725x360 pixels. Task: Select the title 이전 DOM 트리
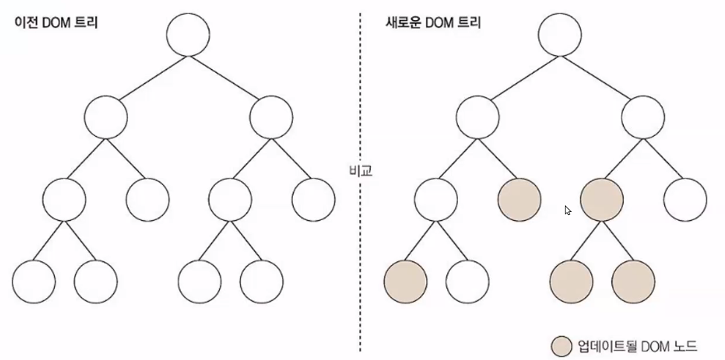click(57, 23)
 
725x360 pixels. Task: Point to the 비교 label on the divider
click(361, 170)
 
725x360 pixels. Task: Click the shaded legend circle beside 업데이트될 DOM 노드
click(562, 345)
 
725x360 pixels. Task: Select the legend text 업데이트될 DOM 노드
click(637, 346)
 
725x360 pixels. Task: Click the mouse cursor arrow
click(568, 210)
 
